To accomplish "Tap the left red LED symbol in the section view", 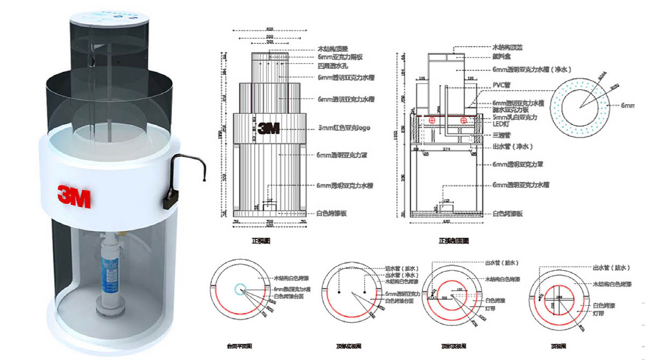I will (x=431, y=121).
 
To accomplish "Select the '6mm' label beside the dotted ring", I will (x=628, y=106).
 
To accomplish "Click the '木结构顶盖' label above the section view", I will (x=508, y=47).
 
